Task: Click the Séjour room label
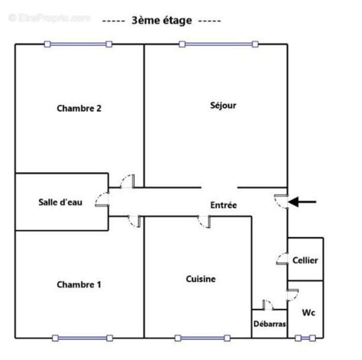[223, 106]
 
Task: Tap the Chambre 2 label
[79, 108]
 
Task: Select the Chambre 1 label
[79, 284]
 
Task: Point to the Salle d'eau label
[60, 202]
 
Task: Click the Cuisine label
[200, 279]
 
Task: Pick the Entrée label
[224, 205]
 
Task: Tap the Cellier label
[305, 260]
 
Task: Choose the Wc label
[309, 312]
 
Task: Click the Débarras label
[269, 324]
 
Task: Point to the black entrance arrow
[302, 202]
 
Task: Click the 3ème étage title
[162, 21]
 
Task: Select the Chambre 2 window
[78, 44]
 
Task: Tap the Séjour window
[219, 44]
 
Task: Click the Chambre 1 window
[82, 338]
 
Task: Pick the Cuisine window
[202, 338]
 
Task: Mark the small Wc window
[305, 338]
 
